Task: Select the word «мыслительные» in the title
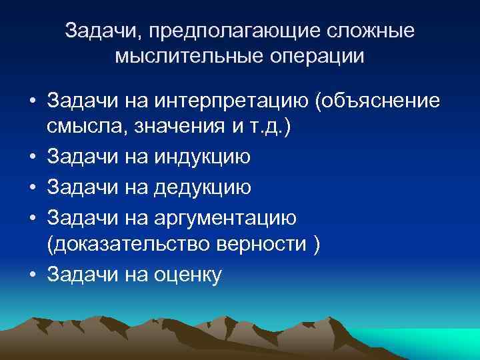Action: click(184, 56)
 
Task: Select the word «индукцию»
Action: click(203, 157)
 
